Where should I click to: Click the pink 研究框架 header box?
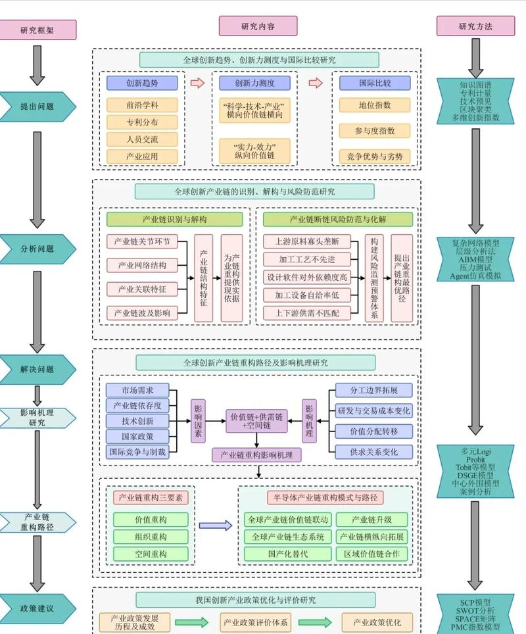click(37, 30)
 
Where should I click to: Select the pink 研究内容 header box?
click(258, 27)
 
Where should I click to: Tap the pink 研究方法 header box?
click(475, 27)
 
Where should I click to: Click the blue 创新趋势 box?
click(142, 84)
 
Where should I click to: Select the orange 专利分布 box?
click(142, 122)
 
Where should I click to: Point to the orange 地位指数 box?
click(375, 105)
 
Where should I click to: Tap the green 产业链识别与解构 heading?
click(175, 219)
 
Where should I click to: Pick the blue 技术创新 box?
click(137, 421)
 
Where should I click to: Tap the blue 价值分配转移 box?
click(373, 431)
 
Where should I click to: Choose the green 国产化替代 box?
click(287, 554)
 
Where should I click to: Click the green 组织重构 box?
click(151, 536)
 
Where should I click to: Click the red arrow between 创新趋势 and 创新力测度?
click(197, 83)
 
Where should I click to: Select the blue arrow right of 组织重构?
click(215, 525)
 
